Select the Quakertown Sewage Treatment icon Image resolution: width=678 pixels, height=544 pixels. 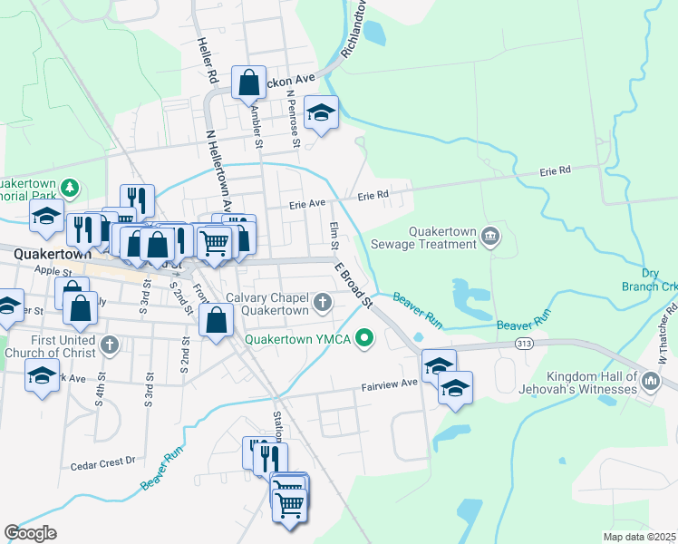coord(490,237)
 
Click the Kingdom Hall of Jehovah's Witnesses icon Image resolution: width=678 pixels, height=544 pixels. coord(650,382)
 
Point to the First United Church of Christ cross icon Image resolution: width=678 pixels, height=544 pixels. coord(109,345)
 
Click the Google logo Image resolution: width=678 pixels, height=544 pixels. coord(31,533)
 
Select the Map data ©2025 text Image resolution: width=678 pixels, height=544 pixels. coord(640,537)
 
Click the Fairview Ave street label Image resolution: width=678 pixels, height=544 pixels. coord(390,383)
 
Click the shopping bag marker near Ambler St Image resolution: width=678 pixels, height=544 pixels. coord(248,83)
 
